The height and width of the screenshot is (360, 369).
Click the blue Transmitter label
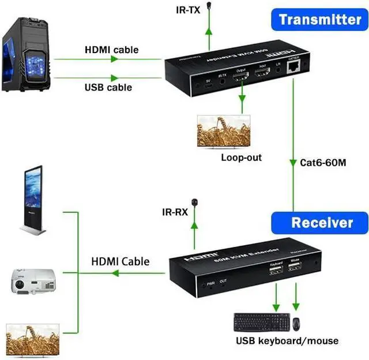(319, 20)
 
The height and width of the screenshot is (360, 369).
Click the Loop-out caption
(241, 157)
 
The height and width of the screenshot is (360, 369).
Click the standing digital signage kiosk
(33, 200)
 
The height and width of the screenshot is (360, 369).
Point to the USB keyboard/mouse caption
(287, 340)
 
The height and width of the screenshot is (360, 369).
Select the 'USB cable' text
(108, 87)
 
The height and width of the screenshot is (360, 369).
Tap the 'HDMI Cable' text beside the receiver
(121, 261)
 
